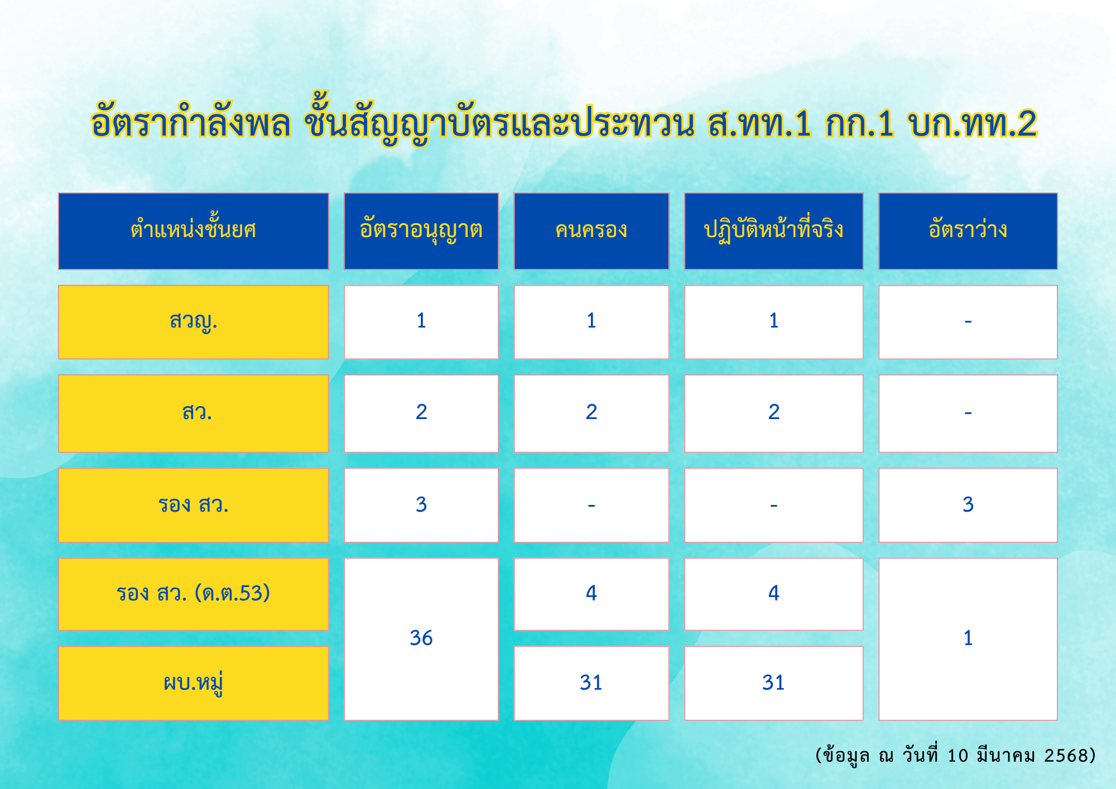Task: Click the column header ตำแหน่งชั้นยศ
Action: tap(193, 231)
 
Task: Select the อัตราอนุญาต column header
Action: tap(421, 231)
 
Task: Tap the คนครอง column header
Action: tap(591, 231)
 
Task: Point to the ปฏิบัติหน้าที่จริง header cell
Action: tap(774, 231)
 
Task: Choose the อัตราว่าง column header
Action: tap(968, 231)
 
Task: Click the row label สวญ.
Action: tap(193, 322)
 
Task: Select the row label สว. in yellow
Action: tap(193, 413)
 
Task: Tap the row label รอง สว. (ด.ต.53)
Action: tap(193, 594)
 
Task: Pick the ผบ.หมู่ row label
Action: tap(193, 683)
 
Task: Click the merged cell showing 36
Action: tap(421, 639)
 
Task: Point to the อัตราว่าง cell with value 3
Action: tap(968, 505)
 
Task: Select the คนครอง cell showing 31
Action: tap(591, 683)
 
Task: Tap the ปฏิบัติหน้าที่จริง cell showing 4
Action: tap(774, 594)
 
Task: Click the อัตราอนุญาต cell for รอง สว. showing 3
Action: tap(421, 505)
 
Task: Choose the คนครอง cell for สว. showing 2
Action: tap(591, 413)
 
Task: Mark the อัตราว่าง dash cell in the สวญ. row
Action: tap(968, 322)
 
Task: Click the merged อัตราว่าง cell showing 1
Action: tap(968, 639)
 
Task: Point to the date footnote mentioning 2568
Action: tap(955, 756)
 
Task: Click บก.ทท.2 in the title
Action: tap(972, 123)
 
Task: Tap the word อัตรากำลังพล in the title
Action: tap(191, 121)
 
